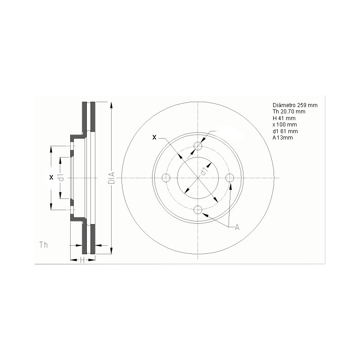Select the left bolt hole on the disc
click(166, 178)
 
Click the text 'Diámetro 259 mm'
click(295, 105)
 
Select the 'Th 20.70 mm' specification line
click(289, 111)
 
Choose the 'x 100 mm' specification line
click(285, 124)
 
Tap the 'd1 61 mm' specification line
click(285, 131)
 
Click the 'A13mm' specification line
click(283, 137)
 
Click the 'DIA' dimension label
click(112, 178)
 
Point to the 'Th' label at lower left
click(44, 245)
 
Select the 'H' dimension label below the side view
click(82, 260)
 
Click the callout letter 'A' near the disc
click(237, 228)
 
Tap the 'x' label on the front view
click(154, 137)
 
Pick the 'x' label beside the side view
click(51, 177)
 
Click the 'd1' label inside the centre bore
click(203, 171)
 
